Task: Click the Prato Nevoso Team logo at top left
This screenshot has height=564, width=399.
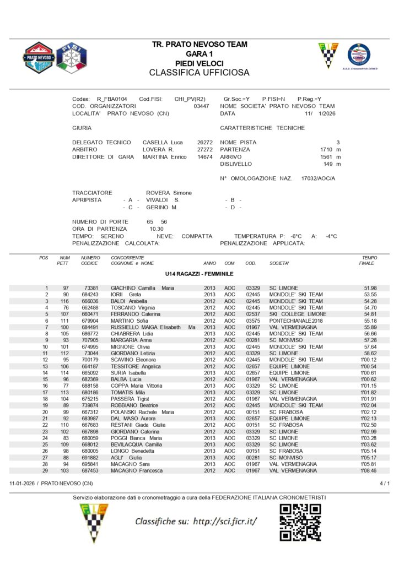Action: tap(38, 57)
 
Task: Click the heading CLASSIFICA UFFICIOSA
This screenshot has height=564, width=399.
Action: tap(199, 73)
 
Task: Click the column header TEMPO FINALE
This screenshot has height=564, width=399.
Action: tap(368, 260)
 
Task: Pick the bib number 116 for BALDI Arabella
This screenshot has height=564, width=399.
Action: tap(65, 301)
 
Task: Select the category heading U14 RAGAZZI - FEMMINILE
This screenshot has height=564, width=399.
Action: tap(199, 274)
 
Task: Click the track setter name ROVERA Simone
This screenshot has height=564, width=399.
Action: tap(169, 193)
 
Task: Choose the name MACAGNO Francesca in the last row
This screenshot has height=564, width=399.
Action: tap(137, 471)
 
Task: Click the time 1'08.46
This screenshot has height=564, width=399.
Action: tap(368, 471)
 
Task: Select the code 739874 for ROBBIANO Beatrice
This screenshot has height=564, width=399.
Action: tap(89, 405)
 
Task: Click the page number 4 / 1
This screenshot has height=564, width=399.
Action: tap(385, 483)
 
